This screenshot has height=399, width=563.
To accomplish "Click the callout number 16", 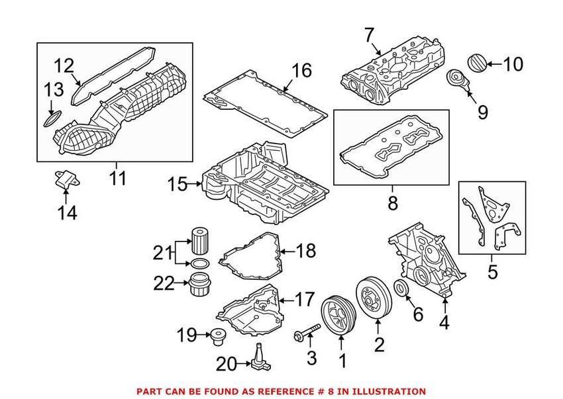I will [301, 70].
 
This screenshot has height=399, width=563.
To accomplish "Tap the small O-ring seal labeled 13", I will [50, 121].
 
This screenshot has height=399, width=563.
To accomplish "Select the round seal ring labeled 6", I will [401, 288].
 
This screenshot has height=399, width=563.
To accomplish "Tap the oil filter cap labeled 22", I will [199, 284].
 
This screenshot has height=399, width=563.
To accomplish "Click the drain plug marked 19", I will [215, 336].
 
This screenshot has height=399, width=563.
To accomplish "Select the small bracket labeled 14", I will [64, 181].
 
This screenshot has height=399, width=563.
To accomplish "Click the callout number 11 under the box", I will [119, 178].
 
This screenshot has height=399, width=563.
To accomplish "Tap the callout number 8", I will [392, 202].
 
